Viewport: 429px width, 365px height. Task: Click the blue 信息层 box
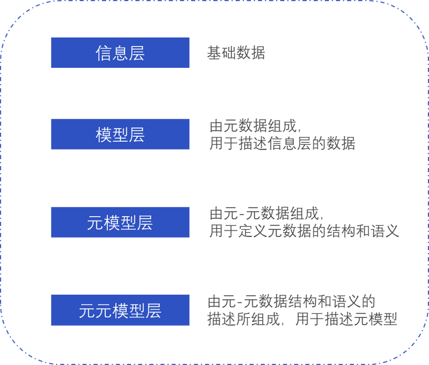(x=120, y=52)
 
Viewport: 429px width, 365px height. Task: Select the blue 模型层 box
(x=120, y=134)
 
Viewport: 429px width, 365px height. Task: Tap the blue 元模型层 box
(x=120, y=222)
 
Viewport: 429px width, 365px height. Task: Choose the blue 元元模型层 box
(x=120, y=310)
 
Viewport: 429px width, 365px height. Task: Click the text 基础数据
(x=236, y=53)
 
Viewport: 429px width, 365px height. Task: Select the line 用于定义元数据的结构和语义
(x=304, y=231)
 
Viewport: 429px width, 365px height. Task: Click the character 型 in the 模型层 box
(x=120, y=134)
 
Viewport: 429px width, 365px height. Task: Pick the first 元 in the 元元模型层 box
(x=87, y=310)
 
